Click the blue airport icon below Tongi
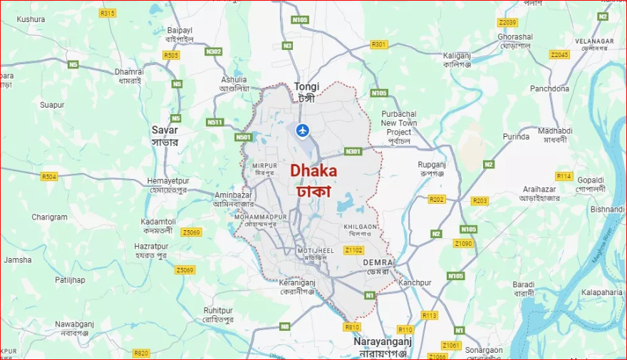tap(303, 130)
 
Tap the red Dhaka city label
tap(313, 172)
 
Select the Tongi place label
tap(306, 87)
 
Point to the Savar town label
tap(165, 130)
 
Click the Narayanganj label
tap(383, 342)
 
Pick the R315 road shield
tap(108, 13)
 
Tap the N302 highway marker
tap(213, 51)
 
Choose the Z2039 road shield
tap(507, 23)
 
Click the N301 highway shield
tap(353, 151)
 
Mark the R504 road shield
tap(49, 176)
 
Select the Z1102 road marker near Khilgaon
tap(353, 250)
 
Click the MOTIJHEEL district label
tap(316, 250)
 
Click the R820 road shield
tap(141, 353)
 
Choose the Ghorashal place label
tap(514, 36)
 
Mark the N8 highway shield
tap(285, 326)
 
